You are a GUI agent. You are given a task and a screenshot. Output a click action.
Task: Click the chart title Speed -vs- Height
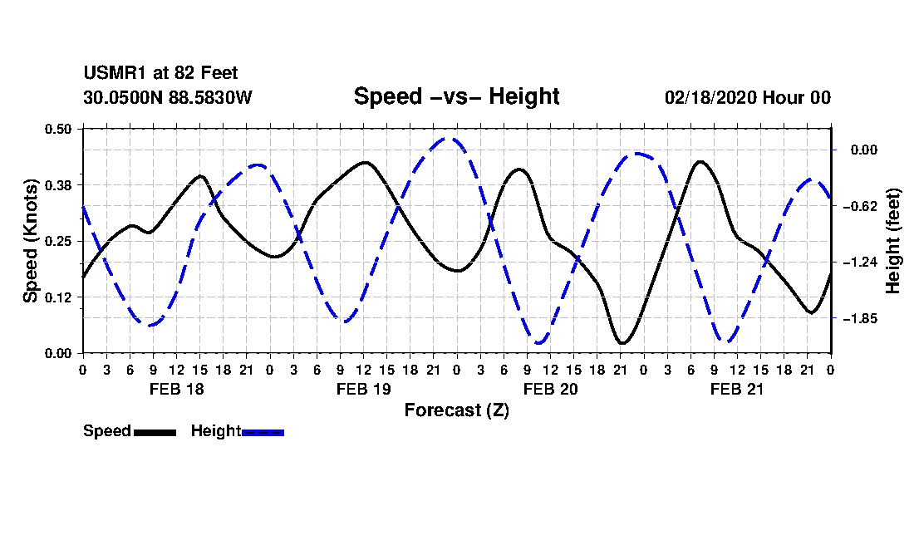pos(456,96)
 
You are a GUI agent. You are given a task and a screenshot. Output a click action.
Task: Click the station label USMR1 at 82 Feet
pos(160,74)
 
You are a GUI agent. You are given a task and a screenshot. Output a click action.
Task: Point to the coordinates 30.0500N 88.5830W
pos(167,97)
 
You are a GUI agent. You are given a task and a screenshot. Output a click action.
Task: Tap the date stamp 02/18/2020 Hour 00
pos(747,97)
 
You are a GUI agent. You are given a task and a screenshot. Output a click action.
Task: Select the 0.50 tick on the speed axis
pos(60,129)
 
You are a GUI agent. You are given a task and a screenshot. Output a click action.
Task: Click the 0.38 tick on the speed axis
pos(60,184)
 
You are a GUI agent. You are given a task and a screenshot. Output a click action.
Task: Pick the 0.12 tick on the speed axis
pos(60,297)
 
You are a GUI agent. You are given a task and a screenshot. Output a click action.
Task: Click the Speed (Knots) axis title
pos(30,241)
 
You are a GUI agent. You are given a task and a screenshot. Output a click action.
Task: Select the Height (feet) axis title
pos(894,241)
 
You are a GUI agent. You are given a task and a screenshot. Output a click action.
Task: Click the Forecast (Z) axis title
pos(456,410)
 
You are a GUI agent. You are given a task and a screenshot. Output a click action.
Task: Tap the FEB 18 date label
pos(176,389)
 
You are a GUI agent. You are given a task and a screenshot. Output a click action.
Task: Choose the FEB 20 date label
pos(550,389)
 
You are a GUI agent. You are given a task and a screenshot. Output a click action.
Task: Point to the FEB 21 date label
pos(737,389)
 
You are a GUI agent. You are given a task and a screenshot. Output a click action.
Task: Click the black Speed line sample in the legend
pos(155,432)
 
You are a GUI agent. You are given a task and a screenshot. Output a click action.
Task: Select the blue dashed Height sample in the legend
pos(263,432)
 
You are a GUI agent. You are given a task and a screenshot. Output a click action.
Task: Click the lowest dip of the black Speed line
pos(622,342)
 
